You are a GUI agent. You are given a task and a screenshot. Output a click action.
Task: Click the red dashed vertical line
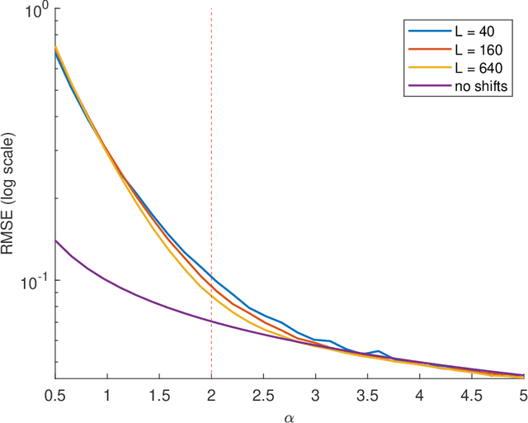tap(212, 165)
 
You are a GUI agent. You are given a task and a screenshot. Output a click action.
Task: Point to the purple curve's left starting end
tap(55, 240)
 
